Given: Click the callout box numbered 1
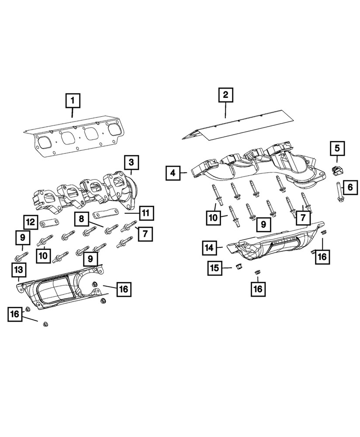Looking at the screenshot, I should pyautogui.click(x=73, y=101).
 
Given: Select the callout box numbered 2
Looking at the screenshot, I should pyautogui.click(x=225, y=95).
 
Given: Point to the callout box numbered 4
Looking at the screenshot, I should pyautogui.click(x=173, y=173).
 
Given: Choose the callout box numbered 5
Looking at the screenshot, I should pyautogui.click(x=337, y=149).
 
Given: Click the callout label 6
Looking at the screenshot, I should pyautogui.click(x=350, y=188).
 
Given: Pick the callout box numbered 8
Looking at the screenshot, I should pyautogui.click(x=81, y=218).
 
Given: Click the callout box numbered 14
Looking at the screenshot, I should pyautogui.click(x=209, y=248).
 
